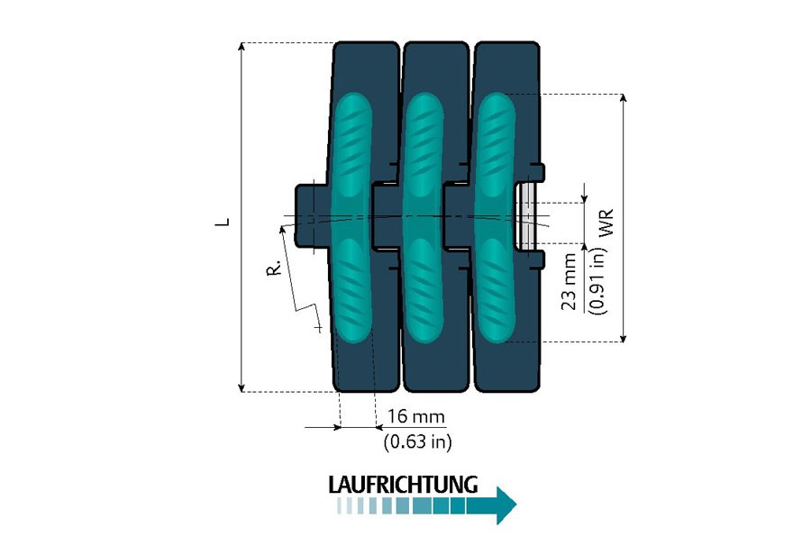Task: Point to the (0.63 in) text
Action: tap(417, 441)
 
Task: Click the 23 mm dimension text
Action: tap(570, 282)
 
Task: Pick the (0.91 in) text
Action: tap(595, 281)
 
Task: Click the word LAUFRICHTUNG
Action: tap(402, 484)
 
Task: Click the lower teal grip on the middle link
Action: tap(421, 288)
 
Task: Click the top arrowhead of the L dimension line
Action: tap(242, 47)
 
